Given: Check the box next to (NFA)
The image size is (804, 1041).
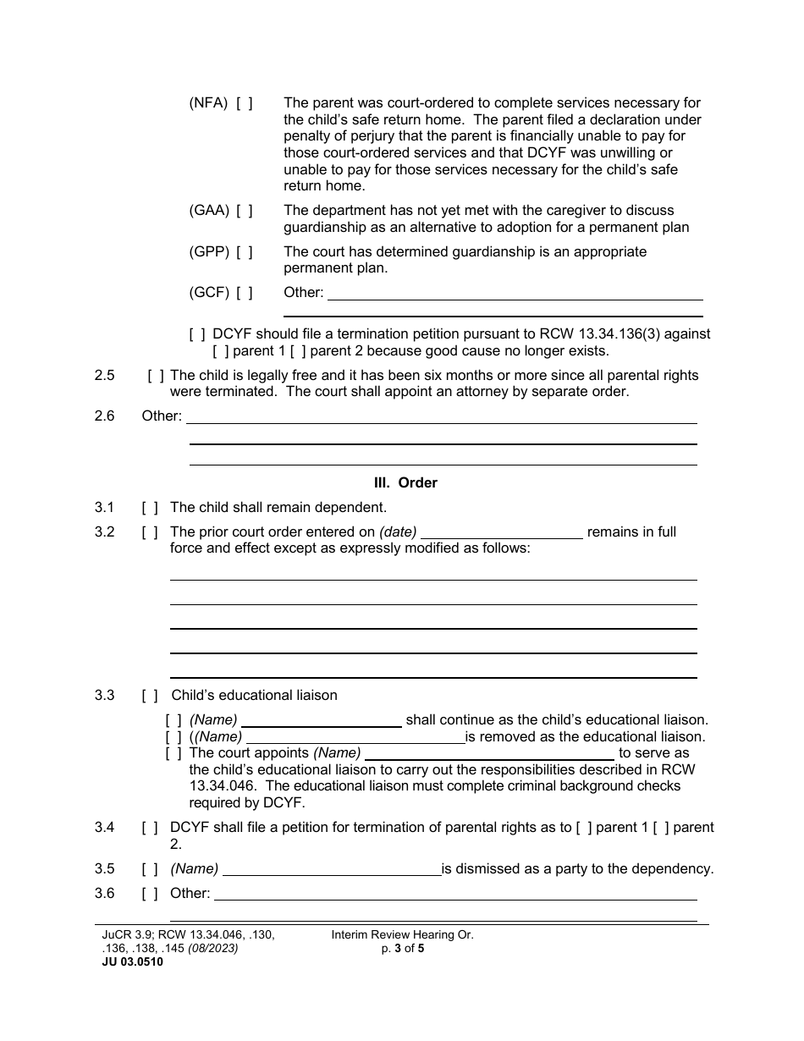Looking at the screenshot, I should click(244, 103).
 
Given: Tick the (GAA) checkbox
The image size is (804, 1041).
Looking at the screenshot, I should click(244, 211).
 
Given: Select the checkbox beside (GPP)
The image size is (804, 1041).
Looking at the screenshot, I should click(244, 252).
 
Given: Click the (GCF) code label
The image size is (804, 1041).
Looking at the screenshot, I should click(208, 293).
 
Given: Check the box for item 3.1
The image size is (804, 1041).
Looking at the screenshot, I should click(150, 508).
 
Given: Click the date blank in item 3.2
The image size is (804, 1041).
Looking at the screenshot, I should click(502, 533).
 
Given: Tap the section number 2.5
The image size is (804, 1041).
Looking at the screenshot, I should click(105, 375).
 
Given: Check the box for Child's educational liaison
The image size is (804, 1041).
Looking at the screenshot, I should click(150, 696).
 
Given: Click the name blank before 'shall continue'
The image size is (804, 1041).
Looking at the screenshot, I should click(321, 721).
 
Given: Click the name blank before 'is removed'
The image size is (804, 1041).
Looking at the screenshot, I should click(355, 738).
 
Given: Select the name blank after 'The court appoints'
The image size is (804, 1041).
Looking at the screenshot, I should click(489, 754).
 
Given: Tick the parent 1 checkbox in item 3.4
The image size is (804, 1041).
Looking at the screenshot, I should click(584, 828).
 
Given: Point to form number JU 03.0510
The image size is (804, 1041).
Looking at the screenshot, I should click(132, 961).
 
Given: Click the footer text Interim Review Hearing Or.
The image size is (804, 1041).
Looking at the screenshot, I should click(402, 935).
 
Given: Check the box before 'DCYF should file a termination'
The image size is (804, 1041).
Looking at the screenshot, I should click(197, 334).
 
